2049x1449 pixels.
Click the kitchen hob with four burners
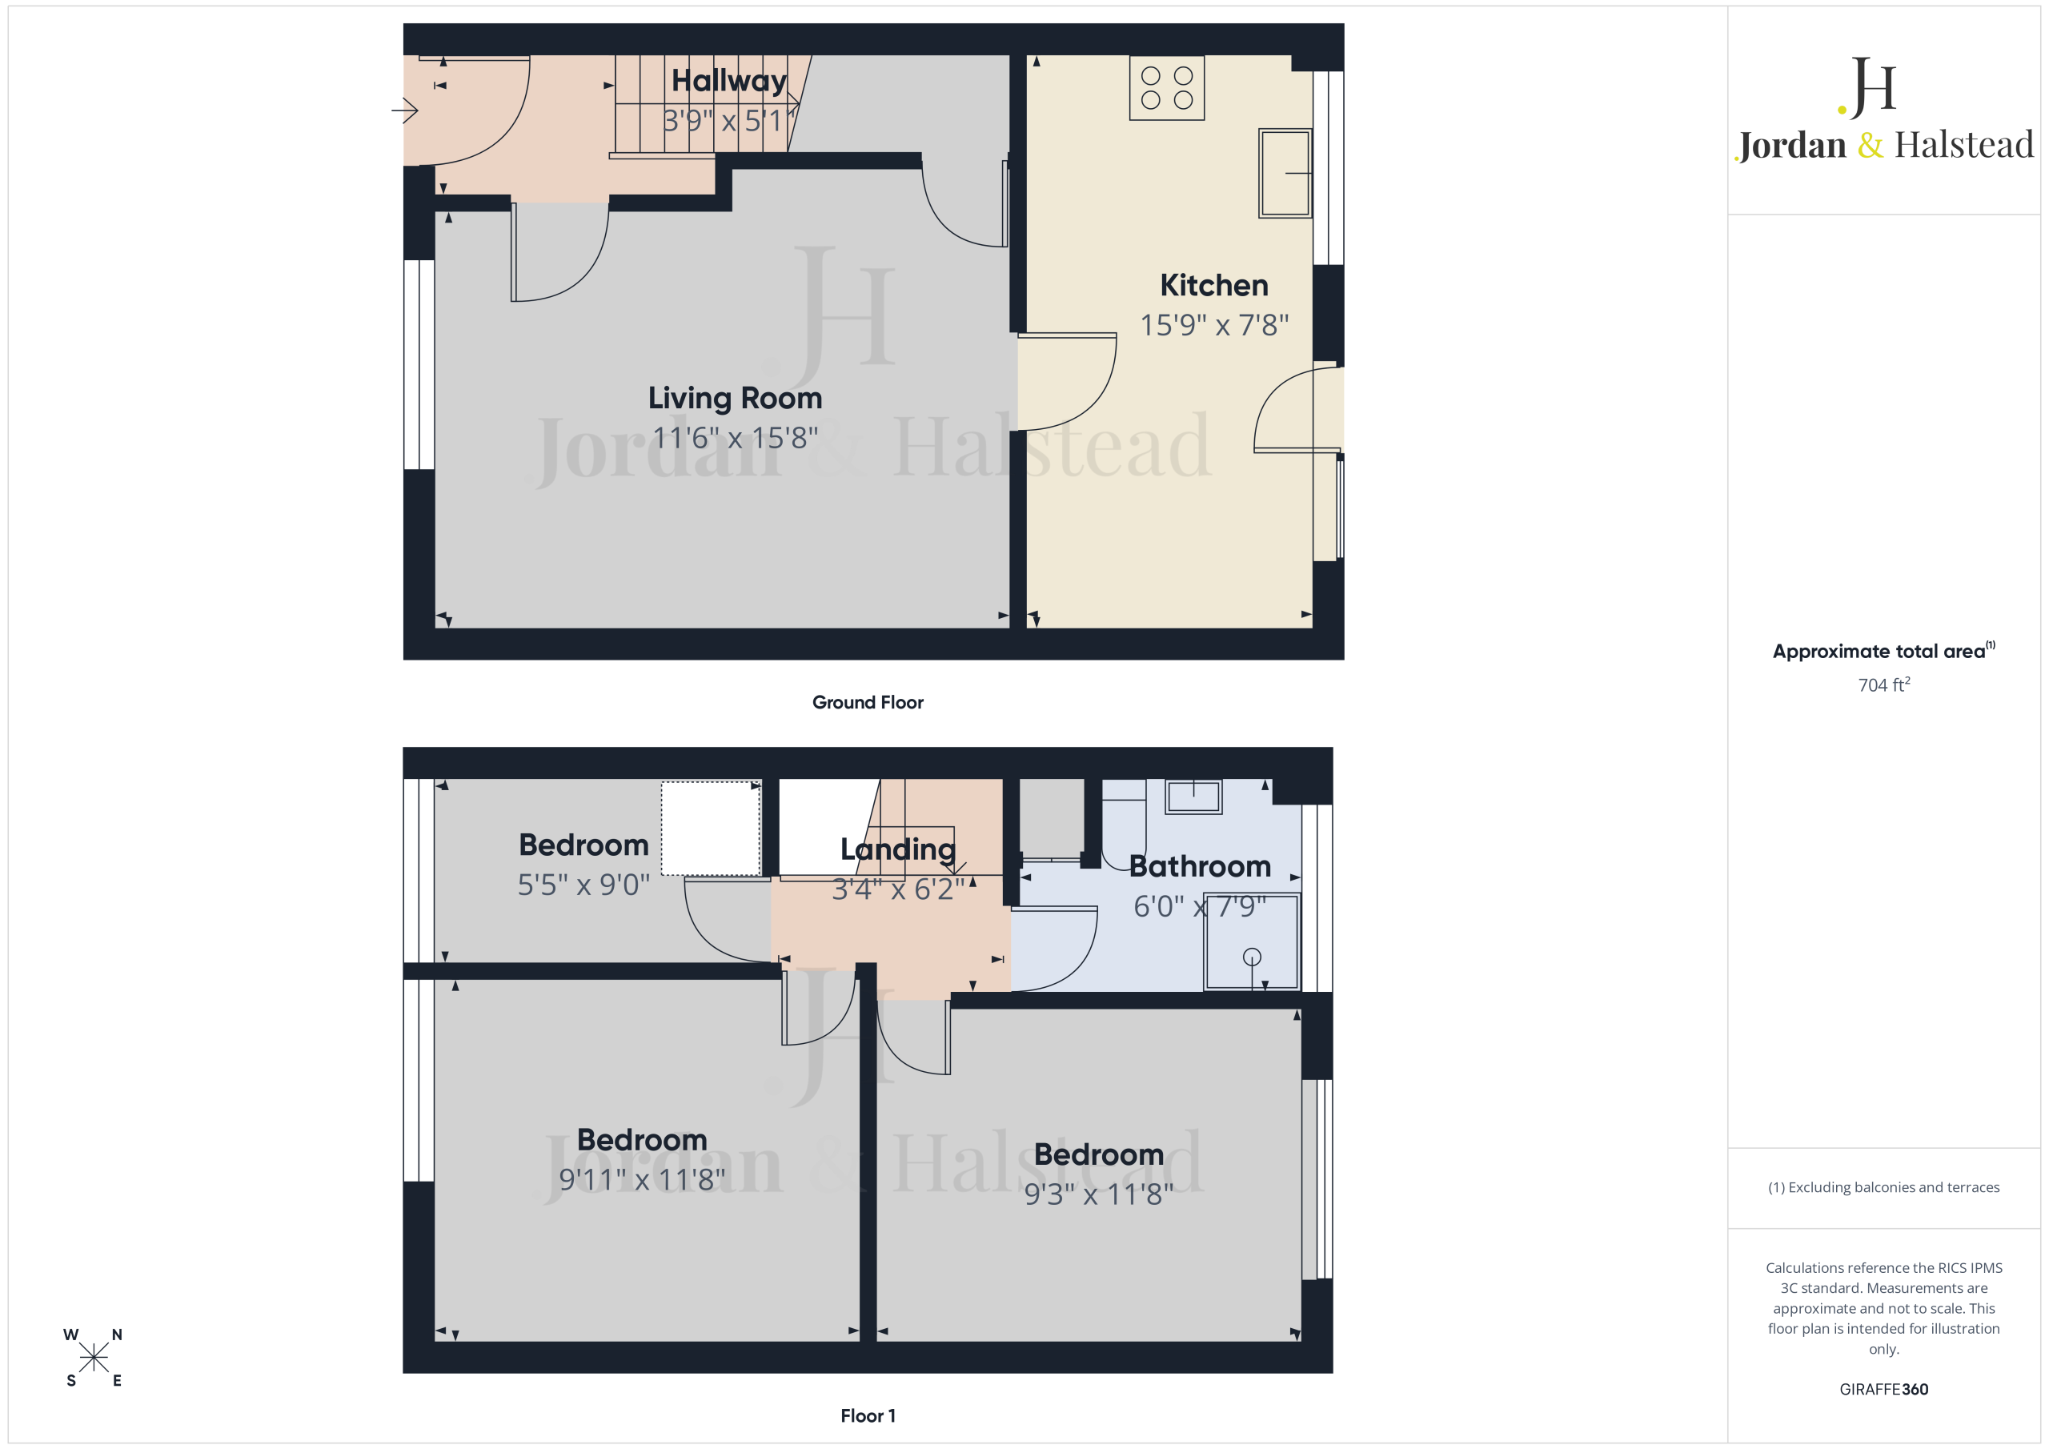pos(1166,87)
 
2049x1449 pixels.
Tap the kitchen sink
pos(1285,173)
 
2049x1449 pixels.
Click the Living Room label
pos(735,398)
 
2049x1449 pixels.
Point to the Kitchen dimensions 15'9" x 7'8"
pos(1213,325)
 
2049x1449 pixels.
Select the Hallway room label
pos(729,81)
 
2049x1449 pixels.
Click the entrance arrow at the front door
pos(404,110)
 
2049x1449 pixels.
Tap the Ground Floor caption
pos(868,703)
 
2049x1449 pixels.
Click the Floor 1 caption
pos(868,1416)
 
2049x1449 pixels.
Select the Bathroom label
pos(1200,866)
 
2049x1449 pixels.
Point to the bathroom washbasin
pos(1193,797)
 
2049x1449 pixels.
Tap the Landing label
pos(898,849)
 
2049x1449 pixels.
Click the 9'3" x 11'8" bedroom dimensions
pos(1099,1194)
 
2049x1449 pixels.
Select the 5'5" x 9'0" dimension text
pos(583,885)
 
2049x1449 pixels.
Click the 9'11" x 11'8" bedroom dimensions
pos(642,1180)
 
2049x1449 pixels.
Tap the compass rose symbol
pos(93,1358)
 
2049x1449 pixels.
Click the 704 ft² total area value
pos(1884,684)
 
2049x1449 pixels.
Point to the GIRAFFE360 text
pos(1884,1389)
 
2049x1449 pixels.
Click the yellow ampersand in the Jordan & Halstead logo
pos(1870,145)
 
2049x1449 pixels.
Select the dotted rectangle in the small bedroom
pos(711,829)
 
